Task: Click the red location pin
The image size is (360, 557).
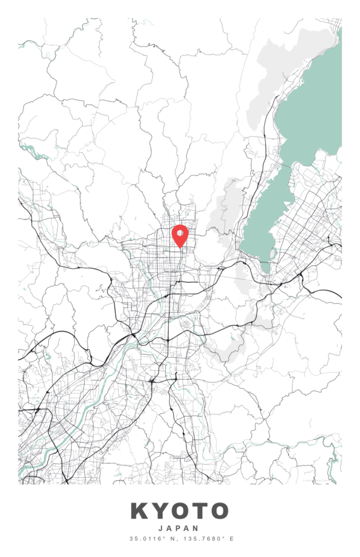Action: click(x=179, y=235)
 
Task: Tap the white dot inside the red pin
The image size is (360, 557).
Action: click(x=179, y=233)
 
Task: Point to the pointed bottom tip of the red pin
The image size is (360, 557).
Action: click(x=179, y=248)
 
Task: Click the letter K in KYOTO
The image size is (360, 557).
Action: click(x=140, y=511)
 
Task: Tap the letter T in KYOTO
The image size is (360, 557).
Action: click(x=199, y=511)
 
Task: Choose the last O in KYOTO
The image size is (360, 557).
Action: click(x=219, y=511)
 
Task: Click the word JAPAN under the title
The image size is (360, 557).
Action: click(x=179, y=529)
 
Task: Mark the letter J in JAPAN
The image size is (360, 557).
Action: click(x=161, y=529)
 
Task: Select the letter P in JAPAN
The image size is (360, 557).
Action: click(x=179, y=529)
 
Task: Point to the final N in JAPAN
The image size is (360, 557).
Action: click(x=197, y=529)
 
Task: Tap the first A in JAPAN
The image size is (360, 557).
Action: click(x=169, y=529)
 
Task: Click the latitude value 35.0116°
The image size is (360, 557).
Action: click(x=147, y=539)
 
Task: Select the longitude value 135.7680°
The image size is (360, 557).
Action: click(x=204, y=539)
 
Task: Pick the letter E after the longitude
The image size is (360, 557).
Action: click(x=232, y=539)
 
